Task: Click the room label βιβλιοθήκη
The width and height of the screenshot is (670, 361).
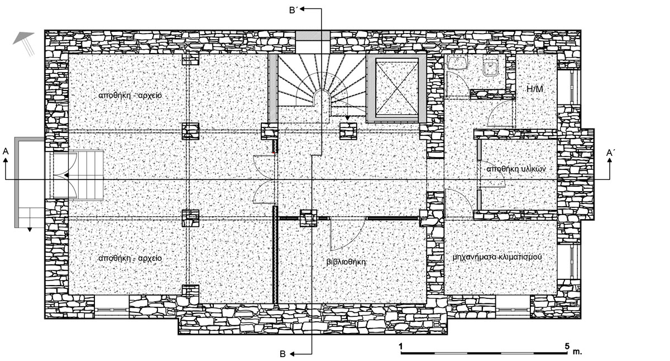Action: point(346,262)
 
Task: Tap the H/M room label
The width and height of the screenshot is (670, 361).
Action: point(535,89)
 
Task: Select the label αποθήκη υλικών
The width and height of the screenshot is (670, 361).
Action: point(516,169)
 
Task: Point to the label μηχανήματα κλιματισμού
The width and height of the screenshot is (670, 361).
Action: point(497,257)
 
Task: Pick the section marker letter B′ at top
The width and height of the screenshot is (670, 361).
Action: point(293,11)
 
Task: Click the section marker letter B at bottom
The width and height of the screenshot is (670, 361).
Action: point(283,354)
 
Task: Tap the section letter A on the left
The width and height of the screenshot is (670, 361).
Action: point(6,151)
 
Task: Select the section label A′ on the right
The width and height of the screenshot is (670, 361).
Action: point(611,153)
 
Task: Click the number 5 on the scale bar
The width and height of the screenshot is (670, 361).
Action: point(567,346)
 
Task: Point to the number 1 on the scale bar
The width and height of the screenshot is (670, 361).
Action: point(400,346)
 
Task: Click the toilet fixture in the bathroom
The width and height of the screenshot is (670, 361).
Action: point(490,67)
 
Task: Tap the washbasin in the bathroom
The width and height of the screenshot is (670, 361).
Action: point(457,63)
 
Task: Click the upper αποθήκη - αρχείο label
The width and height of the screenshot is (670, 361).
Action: point(130,96)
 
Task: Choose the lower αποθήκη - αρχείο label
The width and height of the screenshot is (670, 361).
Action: point(130,258)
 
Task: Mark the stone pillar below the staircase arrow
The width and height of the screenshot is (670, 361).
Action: point(348,131)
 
